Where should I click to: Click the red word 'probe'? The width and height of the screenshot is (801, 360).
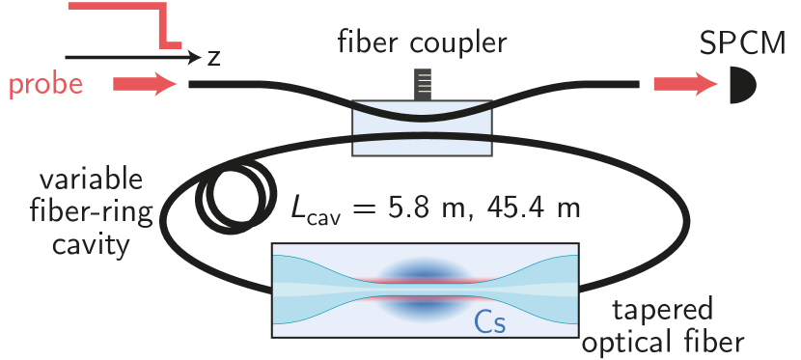coord(45,86)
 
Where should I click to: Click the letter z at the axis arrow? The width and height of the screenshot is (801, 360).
coord(213,57)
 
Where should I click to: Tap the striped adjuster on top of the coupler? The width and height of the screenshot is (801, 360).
coord(423,84)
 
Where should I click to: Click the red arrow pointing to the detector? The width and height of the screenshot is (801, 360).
coord(684,85)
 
